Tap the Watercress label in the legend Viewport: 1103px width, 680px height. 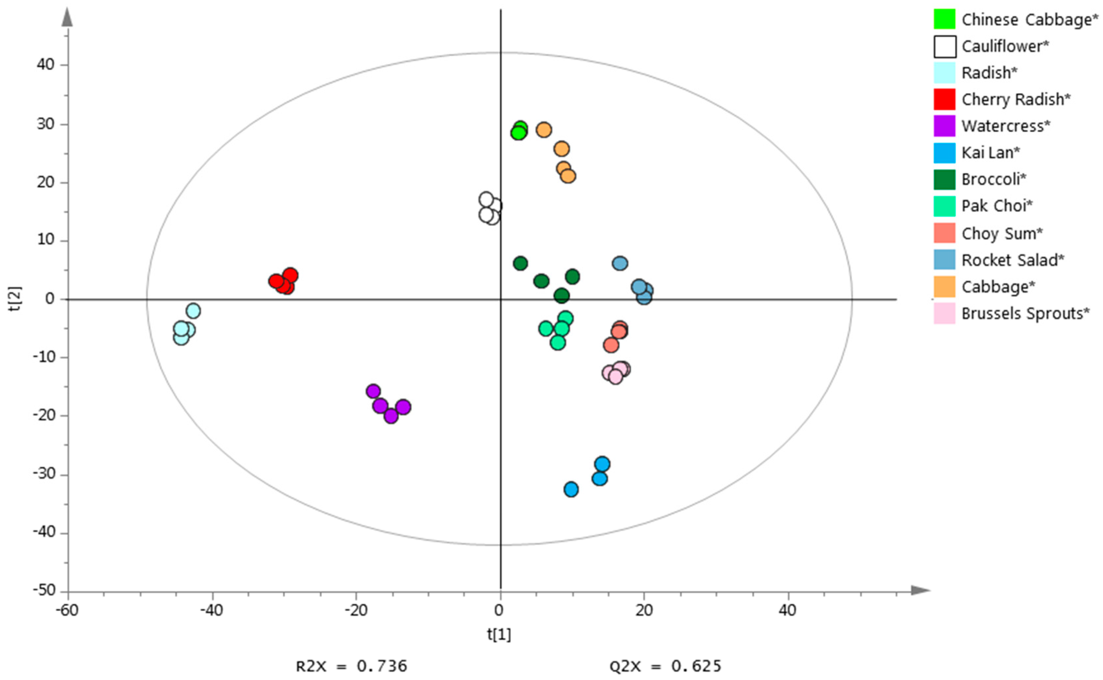pos(1006,126)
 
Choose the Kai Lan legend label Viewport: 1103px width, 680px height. pos(990,153)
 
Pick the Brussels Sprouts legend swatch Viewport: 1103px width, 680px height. pos(944,313)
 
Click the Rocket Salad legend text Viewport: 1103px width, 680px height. pos(1012,260)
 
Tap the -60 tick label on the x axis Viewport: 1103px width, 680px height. pos(67,611)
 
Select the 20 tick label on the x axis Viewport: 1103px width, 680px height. pos(644,611)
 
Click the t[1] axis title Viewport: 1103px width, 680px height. pos(499,634)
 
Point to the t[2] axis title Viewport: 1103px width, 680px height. pos(15,300)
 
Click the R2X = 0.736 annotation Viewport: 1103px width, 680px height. pos(351,665)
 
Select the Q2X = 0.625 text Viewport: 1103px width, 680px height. pos(665,665)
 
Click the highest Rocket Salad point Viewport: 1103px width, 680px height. pos(620,263)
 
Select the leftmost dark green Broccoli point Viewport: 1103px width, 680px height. pos(520,263)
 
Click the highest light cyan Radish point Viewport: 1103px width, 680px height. pos(193,311)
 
